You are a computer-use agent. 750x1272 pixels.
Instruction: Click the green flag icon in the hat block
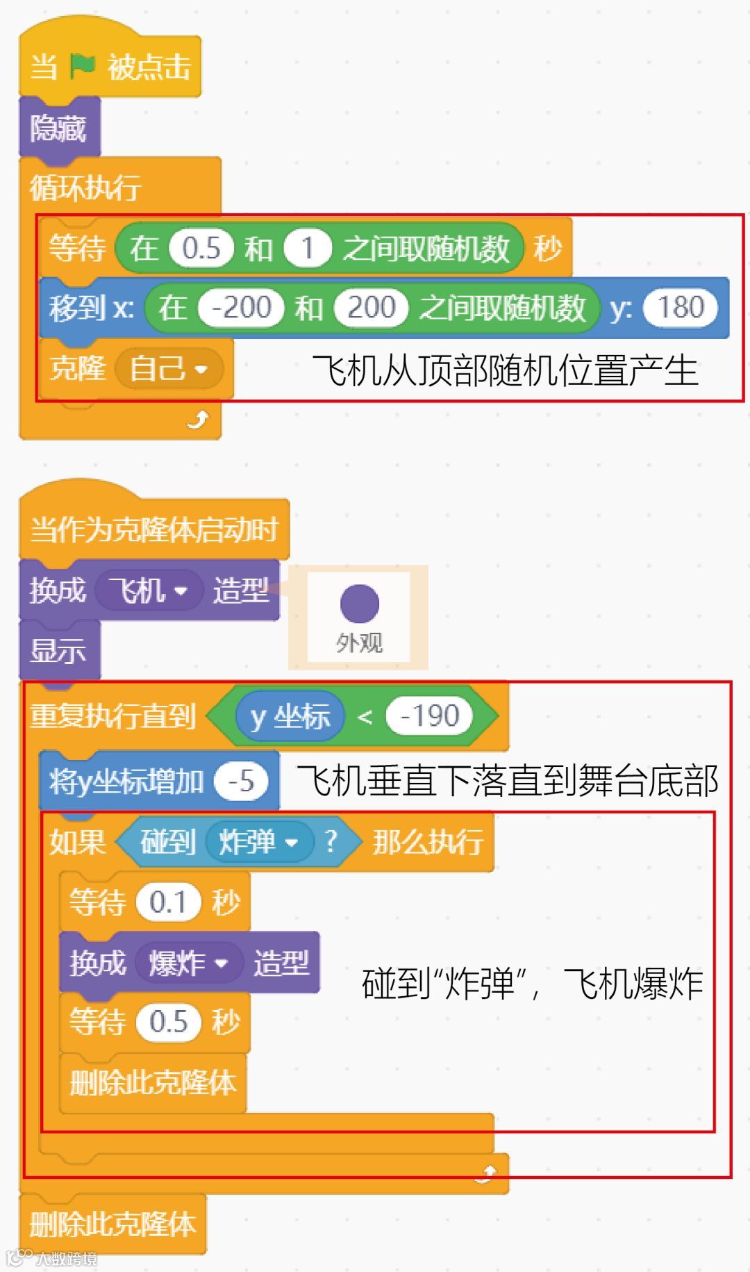tap(83, 67)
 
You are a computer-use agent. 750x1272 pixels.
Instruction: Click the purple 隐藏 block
tap(58, 128)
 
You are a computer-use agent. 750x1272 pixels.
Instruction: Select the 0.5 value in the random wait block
tap(201, 248)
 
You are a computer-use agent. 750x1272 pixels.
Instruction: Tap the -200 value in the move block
tap(241, 307)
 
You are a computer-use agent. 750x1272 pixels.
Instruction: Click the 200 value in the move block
tap(371, 307)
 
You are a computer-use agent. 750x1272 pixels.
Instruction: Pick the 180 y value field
tap(681, 307)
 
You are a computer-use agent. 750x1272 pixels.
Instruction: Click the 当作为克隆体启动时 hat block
tap(153, 529)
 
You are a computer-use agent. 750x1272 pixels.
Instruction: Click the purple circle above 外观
tap(359, 603)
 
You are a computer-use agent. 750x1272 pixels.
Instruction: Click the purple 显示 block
tap(58, 651)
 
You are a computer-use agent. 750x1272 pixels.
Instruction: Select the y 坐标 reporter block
tap(290, 716)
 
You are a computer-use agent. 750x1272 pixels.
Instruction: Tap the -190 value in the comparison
tap(429, 716)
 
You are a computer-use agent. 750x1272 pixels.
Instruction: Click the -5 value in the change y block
tap(240, 782)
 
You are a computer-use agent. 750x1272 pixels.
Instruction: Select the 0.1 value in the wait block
tap(168, 902)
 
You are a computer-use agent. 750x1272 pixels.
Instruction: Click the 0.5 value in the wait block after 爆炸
tap(168, 1022)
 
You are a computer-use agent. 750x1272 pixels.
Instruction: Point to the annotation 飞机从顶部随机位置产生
tap(504, 370)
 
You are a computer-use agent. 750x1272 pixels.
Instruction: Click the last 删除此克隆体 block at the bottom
tap(112, 1224)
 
